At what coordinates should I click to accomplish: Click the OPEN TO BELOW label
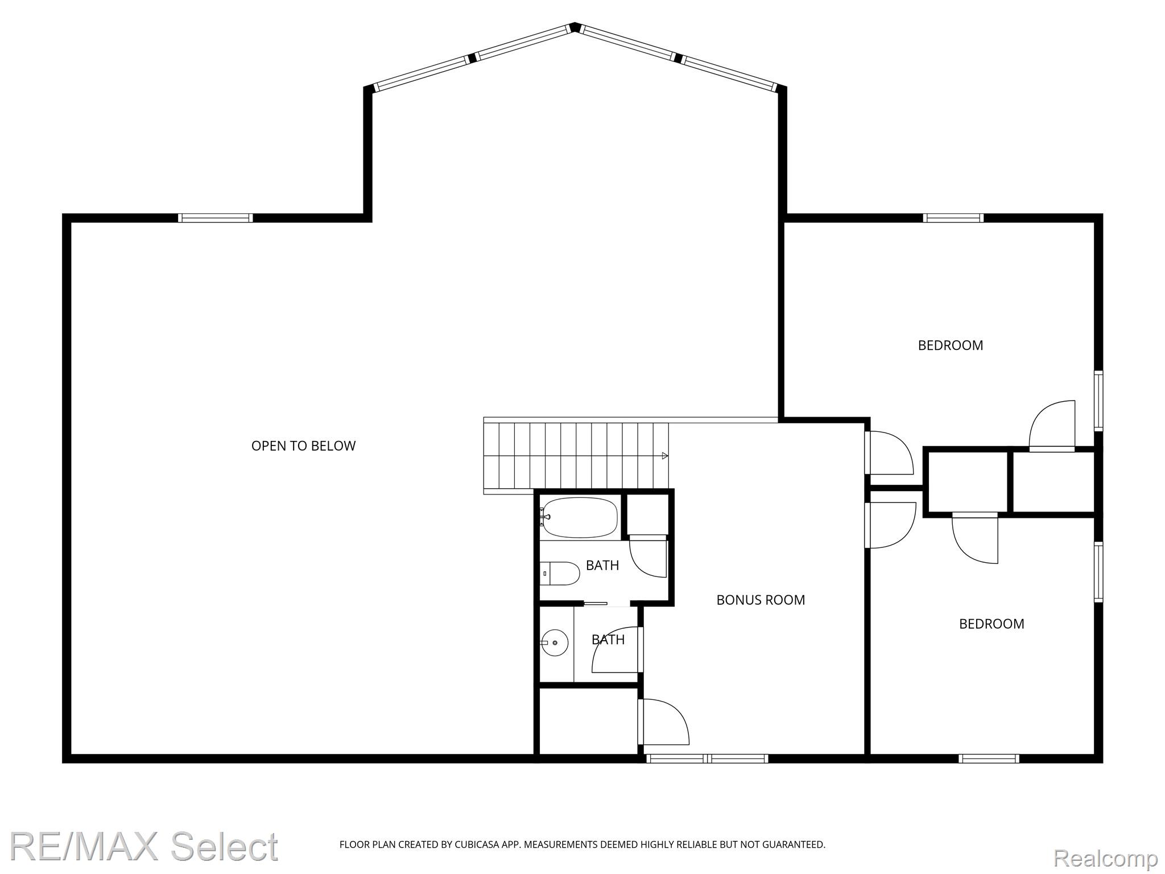pos(303,446)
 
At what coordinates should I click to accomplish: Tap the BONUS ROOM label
pos(761,600)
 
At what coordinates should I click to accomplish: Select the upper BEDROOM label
pos(951,345)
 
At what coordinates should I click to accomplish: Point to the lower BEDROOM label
pos(992,624)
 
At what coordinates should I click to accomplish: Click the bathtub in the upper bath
pos(579,518)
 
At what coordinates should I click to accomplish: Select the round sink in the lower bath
pos(555,643)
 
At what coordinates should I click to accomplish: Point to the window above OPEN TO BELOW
pos(215,218)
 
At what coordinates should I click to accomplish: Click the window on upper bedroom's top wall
pos(953,218)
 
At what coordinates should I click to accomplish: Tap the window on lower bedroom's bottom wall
pos(989,758)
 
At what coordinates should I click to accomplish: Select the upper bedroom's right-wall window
pos(1098,401)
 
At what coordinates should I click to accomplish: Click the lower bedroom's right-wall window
pos(1098,572)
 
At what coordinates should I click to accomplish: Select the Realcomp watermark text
pos(1105,857)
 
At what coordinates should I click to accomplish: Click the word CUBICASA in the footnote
pos(476,844)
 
